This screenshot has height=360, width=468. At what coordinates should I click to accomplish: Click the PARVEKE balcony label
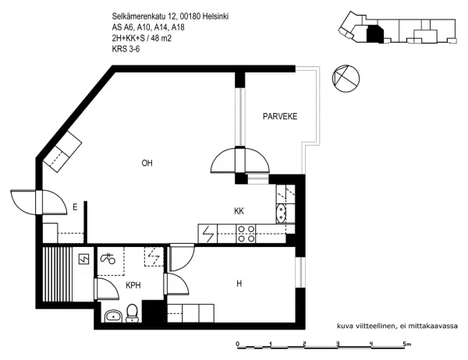pyautogui.click(x=278, y=118)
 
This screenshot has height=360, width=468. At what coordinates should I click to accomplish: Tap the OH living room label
pyautogui.click(x=147, y=163)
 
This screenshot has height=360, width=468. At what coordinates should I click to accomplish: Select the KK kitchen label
pyautogui.click(x=240, y=210)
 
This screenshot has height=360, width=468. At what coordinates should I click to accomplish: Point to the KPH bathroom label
pyautogui.click(x=134, y=285)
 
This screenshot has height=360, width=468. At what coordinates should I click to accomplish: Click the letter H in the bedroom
pyautogui.click(x=239, y=284)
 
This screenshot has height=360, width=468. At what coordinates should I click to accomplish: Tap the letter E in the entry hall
pyautogui.click(x=75, y=206)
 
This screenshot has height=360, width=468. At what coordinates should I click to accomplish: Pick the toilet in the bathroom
pyautogui.click(x=133, y=312)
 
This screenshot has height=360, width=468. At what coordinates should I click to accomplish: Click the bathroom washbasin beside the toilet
pyautogui.click(x=114, y=316)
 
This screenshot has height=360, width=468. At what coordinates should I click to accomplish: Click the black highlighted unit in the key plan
pyautogui.click(x=375, y=34)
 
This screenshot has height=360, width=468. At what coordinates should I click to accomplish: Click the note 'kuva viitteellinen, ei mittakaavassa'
pyautogui.click(x=396, y=326)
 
